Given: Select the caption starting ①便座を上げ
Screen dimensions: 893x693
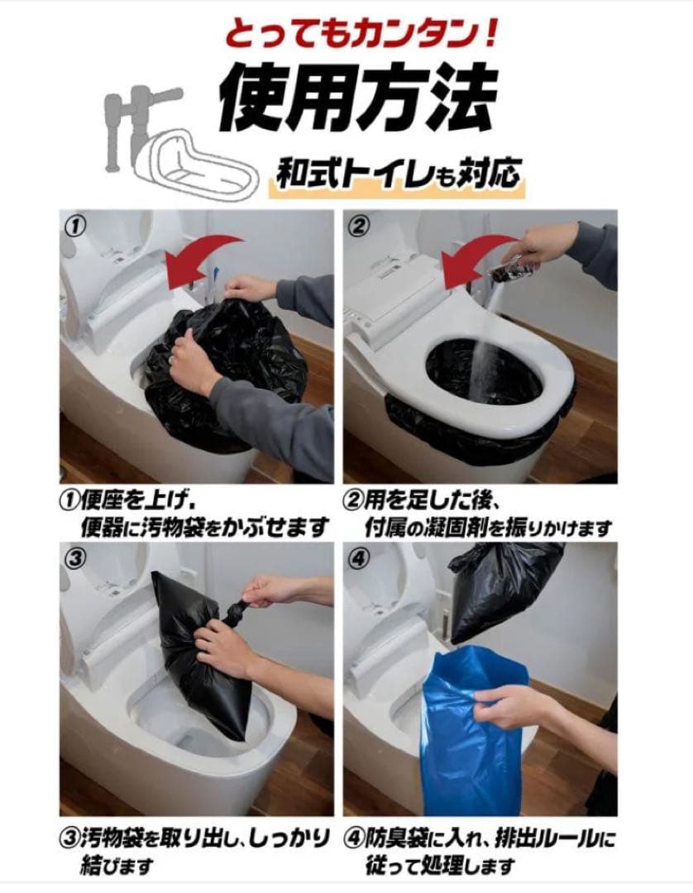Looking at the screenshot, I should tap(194, 513).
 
